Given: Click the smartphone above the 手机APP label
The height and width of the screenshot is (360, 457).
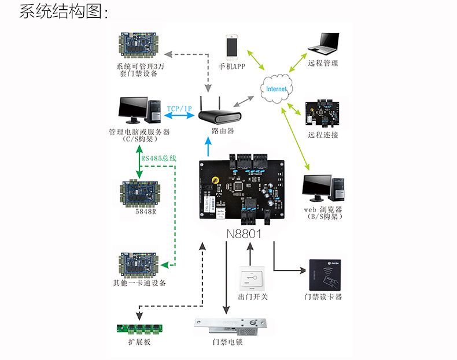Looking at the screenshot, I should pos(233,47).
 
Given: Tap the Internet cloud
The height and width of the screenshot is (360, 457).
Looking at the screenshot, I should pos(276,90).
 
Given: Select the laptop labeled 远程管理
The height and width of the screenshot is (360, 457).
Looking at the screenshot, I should pos(322,44).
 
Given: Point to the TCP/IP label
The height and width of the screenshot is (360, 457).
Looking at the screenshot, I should pos(179,109).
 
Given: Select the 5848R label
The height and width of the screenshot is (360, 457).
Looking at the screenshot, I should pos(138,211).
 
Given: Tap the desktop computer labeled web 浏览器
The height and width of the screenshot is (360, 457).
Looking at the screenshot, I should pos(323,187).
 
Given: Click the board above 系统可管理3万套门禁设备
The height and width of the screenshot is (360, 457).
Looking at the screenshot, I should pos(139,46).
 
